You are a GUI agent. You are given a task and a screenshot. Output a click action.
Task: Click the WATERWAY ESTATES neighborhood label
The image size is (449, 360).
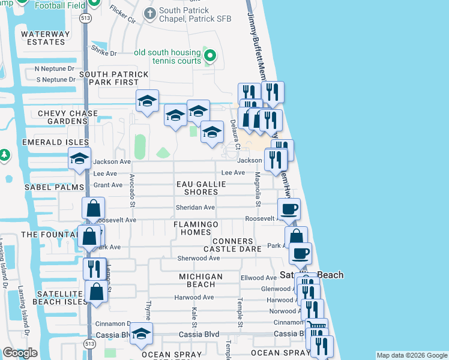point(43,38)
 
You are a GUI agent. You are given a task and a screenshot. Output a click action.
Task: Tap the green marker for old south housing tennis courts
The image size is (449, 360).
point(209,56)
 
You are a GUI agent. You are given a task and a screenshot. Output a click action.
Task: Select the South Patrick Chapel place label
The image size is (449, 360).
point(184,15)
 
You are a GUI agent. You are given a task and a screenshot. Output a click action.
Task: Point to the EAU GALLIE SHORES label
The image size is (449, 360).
point(200,188)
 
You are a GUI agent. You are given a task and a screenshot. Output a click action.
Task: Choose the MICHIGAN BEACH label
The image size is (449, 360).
point(200,280)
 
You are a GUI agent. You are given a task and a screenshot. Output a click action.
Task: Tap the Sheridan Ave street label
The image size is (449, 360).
point(195,208)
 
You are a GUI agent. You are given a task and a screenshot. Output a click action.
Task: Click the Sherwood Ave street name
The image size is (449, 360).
point(199,258)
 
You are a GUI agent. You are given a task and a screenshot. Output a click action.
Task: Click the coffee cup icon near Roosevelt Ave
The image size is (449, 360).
point(289,209)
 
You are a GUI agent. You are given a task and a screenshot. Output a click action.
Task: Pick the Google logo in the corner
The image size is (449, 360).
point(20,353)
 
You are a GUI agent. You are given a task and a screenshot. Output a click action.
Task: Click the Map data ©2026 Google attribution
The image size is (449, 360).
point(411,355)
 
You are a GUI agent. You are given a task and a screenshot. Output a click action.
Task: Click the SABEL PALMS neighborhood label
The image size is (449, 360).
point(54,187)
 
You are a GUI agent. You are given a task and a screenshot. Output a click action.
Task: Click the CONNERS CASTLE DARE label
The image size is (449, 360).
point(232,245)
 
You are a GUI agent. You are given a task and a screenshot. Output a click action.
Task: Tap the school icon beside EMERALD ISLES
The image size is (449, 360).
point(79,158)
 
